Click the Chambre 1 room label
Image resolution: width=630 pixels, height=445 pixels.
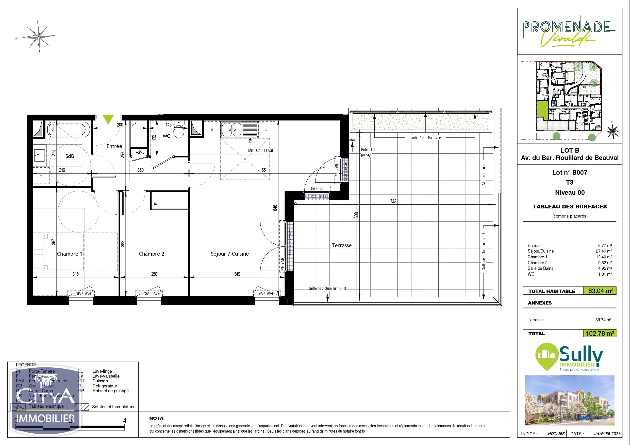69,254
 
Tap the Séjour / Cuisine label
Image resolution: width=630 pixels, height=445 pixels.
230,254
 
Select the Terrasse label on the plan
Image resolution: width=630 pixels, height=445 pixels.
341,246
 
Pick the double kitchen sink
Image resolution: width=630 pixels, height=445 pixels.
231,129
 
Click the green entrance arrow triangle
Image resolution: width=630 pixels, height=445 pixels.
108,119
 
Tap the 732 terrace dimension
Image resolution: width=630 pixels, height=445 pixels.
393,202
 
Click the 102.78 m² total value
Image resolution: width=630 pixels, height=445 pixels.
600,333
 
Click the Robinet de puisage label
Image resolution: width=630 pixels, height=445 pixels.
368,152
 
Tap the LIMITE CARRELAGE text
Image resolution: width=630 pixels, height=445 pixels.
260,151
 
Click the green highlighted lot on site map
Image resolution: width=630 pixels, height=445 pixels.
542,110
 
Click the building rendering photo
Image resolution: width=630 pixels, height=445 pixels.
569,400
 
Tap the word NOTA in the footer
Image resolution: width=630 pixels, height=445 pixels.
156,418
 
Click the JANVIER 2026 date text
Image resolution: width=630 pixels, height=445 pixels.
607,434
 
